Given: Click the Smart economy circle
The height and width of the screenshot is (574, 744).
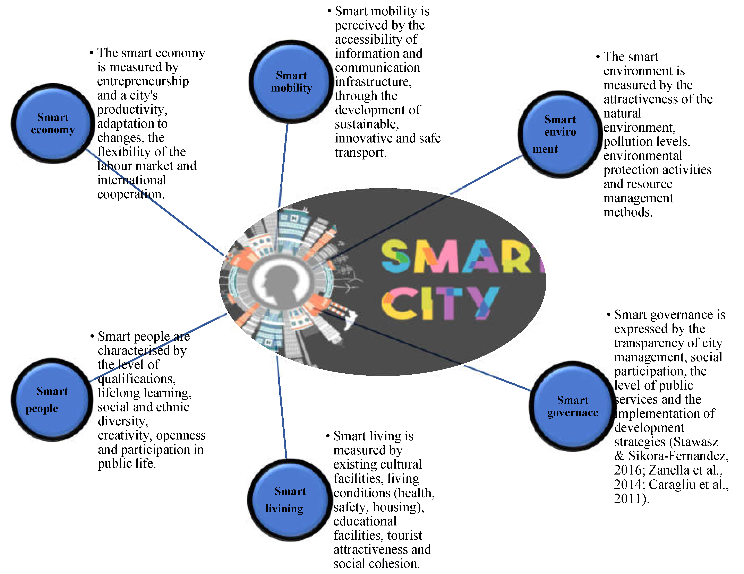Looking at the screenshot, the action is tap(53, 124).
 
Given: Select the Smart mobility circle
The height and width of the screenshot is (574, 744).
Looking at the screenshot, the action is tap(291, 82).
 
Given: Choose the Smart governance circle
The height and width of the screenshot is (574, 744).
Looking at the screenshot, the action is tap(572, 406).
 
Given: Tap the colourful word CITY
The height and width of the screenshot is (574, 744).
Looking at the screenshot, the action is tap(439, 303).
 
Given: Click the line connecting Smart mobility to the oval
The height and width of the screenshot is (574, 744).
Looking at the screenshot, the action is tap(283, 163).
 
